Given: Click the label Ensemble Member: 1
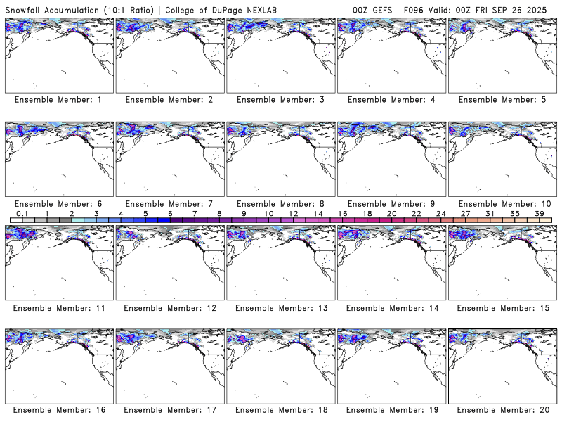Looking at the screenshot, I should click(58, 100).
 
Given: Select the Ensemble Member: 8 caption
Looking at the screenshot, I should click(280, 203).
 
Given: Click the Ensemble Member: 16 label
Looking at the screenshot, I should click(58, 409).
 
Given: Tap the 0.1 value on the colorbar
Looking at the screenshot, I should click(22, 212).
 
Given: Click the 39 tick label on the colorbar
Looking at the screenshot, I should click(539, 212).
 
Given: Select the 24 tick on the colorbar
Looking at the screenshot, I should click(440, 212).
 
